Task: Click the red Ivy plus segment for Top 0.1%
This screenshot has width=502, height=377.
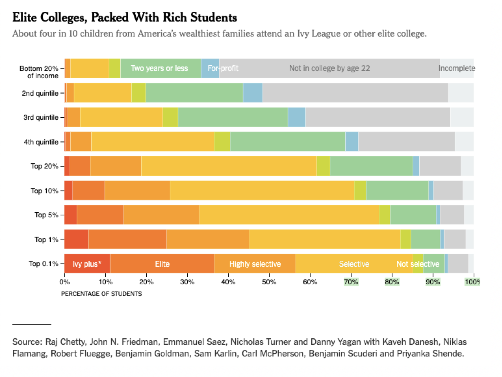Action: tap(87, 264)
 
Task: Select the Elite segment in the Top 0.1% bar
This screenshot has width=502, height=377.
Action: tap(162, 264)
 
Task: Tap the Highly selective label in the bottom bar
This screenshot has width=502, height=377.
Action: tap(255, 264)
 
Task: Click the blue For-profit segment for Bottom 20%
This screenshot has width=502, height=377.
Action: tap(210, 68)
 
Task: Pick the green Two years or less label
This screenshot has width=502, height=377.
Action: tap(159, 68)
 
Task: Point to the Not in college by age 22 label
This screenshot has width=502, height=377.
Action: tap(329, 68)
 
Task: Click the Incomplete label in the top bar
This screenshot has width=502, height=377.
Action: tap(457, 68)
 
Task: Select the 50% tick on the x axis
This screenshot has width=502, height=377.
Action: tap(269, 282)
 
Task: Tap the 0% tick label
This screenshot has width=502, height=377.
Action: tap(65, 282)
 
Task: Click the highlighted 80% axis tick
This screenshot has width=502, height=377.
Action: tap(392, 282)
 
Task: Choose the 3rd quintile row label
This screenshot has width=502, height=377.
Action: tap(41, 117)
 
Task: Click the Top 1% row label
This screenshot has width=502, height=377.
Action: tap(46, 239)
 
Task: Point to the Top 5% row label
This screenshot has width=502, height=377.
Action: tap(46, 215)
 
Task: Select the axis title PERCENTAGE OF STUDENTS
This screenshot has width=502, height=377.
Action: tap(101, 294)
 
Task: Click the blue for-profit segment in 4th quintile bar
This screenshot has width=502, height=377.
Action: tap(351, 141)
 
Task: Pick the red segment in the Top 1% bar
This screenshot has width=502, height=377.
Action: tap(76, 239)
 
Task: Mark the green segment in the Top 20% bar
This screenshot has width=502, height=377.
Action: tap(371, 166)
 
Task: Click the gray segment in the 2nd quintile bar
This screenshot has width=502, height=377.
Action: tap(355, 93)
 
